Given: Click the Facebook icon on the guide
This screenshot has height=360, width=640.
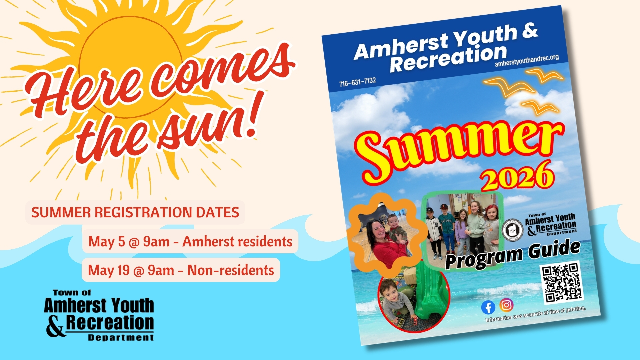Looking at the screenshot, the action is tap(488, 307).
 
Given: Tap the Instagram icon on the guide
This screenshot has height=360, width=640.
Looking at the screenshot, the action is tap(506, 305).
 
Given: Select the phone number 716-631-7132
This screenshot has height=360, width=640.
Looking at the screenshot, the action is tap(358, 82).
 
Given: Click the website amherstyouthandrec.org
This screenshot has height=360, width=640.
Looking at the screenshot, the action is tap(527, 61).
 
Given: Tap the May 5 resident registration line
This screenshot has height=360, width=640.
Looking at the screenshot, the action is tap(190, 241).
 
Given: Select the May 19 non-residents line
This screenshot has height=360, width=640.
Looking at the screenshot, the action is tap(181, 270).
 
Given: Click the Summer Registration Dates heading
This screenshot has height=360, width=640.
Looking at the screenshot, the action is tap(135, 212).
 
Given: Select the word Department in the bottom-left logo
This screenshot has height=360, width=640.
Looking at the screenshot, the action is tap(121, 338).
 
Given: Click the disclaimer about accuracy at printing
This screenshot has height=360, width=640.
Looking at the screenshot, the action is tap(535, 314).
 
